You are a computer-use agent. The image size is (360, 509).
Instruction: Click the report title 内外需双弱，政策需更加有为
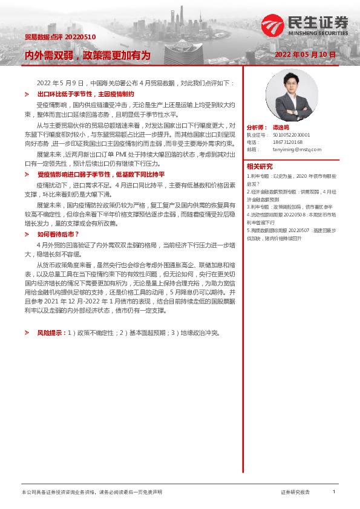point(87,55)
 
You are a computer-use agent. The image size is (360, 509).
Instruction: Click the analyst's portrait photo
point(283,96)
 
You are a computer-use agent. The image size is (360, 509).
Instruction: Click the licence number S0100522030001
point(292,135)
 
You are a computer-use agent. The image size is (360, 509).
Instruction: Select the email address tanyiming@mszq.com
point(297,149)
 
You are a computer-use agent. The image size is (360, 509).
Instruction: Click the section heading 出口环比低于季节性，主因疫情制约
point(85,94)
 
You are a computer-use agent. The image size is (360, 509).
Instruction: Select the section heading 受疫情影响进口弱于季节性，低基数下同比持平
point(101,174)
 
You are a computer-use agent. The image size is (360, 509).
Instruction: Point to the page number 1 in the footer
point(333,492)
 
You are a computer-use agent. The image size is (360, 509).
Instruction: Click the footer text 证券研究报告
point(295,493)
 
